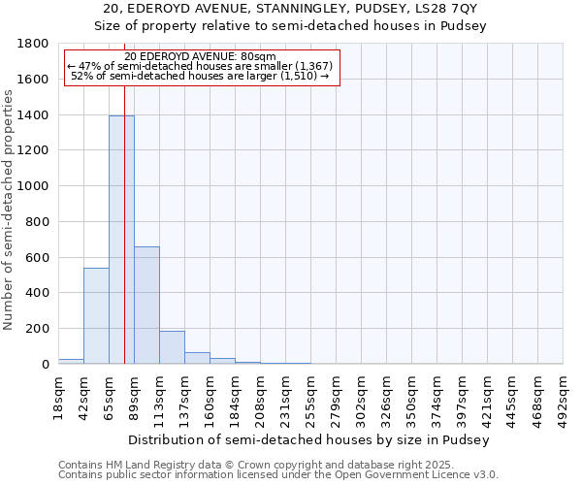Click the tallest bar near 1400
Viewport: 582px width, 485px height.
click(121, 240)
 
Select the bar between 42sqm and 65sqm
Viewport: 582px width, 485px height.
click(96, 315)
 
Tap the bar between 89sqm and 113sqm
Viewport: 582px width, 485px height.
click(146, 305)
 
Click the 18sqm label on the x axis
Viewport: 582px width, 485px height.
click(58, 394)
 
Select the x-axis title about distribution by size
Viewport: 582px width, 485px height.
click(309, 439)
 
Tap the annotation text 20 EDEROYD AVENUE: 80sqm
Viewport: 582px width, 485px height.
click(201, 57)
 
